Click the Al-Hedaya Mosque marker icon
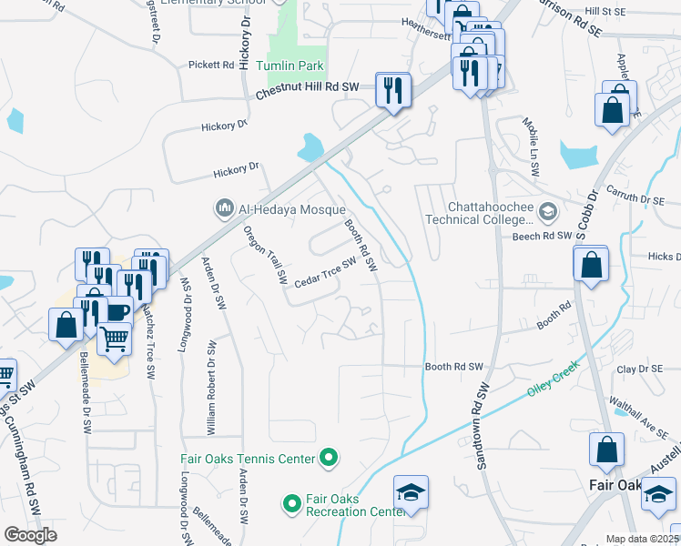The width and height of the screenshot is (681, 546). (225, 209)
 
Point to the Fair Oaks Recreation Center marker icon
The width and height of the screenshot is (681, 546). (291, 502)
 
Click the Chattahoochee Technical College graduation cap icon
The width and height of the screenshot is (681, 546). (547, 213)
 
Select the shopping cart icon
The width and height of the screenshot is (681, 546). (115, 339)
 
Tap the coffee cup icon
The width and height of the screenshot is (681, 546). (117, 310)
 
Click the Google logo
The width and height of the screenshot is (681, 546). (30, 535)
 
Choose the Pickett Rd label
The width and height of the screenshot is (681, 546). (211, 65)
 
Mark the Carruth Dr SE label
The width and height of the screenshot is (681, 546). (645, 199)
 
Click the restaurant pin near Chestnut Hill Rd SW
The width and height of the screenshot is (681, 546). (393, 89)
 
